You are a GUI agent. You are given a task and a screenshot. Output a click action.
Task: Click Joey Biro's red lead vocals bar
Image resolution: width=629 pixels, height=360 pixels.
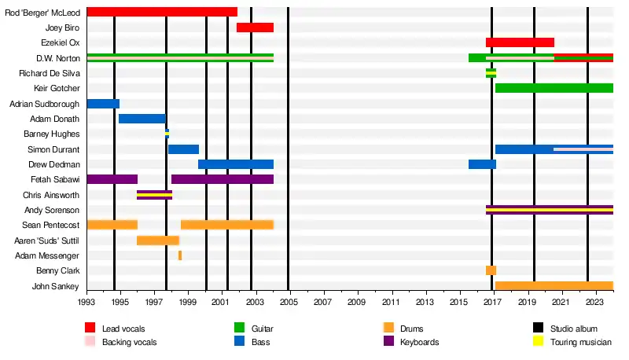tap(255, 28)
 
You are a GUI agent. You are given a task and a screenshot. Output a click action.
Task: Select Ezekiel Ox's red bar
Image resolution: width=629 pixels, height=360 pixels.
tap(520, 42)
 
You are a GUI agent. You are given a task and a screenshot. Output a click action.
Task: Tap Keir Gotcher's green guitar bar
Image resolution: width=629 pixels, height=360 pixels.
tap(554, 88)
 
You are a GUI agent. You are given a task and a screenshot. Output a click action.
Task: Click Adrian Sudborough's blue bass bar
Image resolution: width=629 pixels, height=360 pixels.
tap(103, 104)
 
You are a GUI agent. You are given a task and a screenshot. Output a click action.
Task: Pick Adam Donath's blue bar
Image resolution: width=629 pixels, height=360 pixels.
tap(142, 119)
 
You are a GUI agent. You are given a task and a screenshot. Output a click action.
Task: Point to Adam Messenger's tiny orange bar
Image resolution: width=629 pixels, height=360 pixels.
tap(180, 255)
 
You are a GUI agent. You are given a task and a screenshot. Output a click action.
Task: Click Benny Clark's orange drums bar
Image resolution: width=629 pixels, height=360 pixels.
tap(491, 270)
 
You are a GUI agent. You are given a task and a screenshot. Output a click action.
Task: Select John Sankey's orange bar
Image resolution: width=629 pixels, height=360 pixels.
tap(554, 286)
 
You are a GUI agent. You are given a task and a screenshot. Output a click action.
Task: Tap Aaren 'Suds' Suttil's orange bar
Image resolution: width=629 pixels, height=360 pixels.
tap(158, 241)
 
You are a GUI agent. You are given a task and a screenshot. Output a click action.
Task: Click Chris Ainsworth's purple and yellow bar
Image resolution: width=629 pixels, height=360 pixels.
tap(154, 195)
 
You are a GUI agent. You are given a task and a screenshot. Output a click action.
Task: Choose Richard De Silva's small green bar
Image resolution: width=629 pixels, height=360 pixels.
tap(491, 73)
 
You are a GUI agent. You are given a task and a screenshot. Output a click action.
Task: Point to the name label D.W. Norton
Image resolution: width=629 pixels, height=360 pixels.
tap(57, 58)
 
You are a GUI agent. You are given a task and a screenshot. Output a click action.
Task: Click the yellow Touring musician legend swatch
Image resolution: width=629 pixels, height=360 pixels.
tap(539, 342)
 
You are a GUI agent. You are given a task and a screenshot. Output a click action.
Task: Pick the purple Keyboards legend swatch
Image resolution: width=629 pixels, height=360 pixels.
tap(388, 342)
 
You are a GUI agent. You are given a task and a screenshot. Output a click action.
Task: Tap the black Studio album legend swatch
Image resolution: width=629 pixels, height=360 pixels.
tap(539, 328)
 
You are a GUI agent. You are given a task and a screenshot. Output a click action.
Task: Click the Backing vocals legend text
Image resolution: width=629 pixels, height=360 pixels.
tap(129, 343)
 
